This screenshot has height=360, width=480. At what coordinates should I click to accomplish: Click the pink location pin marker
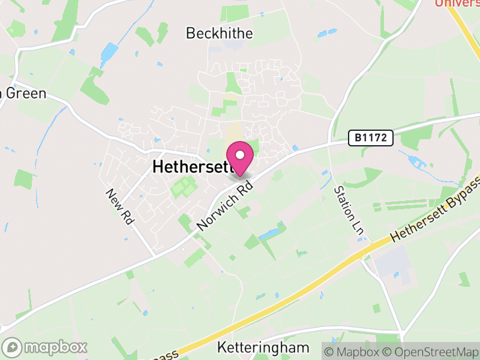(x=240, y=158)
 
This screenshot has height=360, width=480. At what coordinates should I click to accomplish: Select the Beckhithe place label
(x=220, y=33)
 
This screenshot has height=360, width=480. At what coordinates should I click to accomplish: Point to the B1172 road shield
(x=371, y=139)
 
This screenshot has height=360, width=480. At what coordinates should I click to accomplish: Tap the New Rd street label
(x=119, y=206)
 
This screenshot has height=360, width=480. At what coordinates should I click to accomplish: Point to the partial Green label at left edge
(x=23, y=94)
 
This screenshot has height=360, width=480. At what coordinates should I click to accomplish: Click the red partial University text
(x=457, y=4)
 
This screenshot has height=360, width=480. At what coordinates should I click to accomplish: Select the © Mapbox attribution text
(x=356, y=351)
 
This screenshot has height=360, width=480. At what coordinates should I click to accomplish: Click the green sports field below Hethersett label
(x=182, y=188)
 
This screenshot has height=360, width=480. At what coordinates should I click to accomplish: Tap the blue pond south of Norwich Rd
(x=270, y=232)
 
